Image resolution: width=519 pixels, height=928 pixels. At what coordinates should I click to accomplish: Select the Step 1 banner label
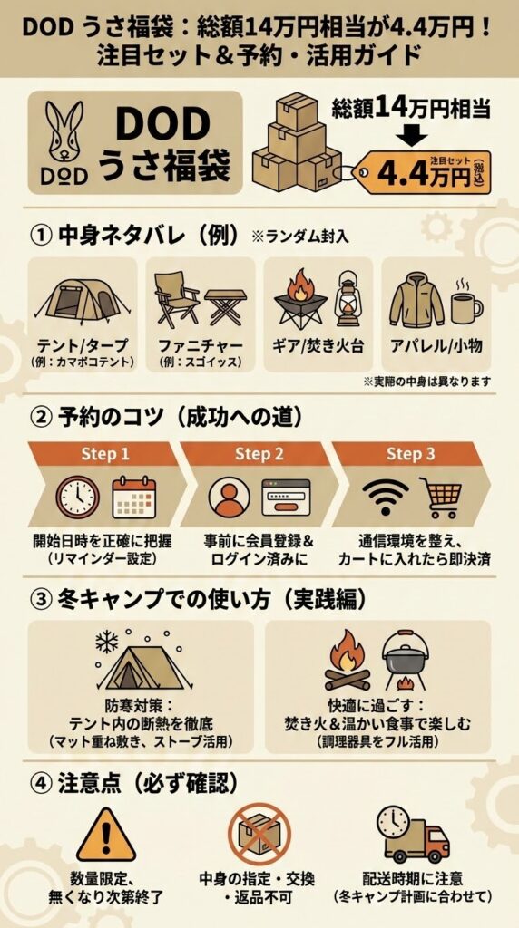point(106,453)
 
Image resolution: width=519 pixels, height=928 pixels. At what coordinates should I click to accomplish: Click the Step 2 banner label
point(259,453)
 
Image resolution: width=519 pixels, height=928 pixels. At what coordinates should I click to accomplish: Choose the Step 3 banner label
point(411,453)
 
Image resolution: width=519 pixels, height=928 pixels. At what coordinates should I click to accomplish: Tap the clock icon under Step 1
point(76,497)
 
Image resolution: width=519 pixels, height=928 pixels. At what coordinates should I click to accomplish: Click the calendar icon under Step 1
point(135,497)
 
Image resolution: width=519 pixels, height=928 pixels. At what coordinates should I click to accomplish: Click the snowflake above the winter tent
point(107,642)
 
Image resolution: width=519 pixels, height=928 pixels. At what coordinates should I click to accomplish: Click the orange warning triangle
point(106,835)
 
